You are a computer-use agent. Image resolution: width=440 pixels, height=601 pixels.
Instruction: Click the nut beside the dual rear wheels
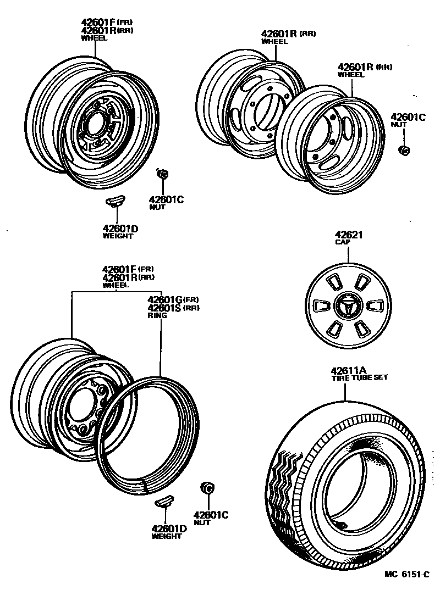pyautogui.click(x=403, y=150)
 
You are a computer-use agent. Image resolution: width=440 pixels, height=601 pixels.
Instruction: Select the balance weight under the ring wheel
pyautogui.click(x=164, y=502)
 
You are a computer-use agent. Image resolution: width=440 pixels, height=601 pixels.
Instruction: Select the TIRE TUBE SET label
pyautogui.click(x=359, y=377)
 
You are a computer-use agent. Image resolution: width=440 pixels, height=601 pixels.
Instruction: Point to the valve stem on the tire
pyautogui.click(x=340, y=525)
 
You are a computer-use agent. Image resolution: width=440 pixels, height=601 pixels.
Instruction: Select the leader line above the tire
pyautogui.click(x=345, y=391)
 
